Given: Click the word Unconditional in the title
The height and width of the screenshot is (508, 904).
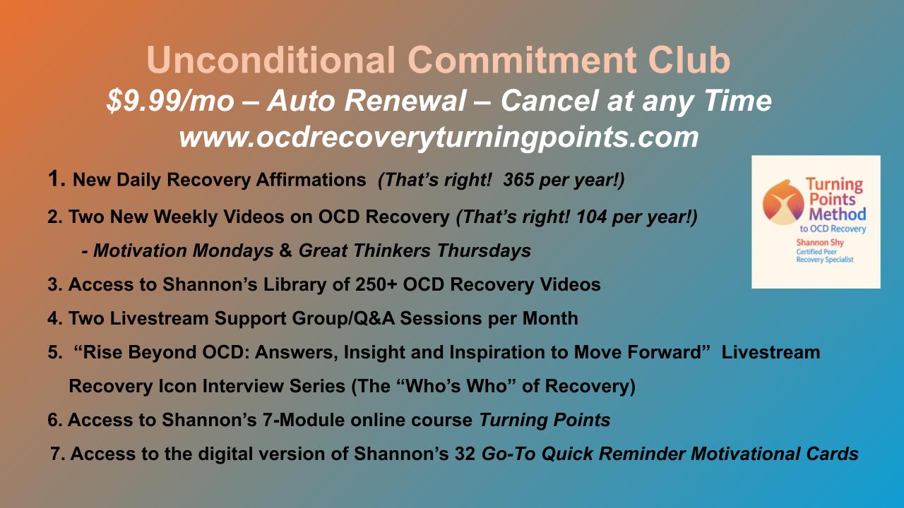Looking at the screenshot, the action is (x=270, y=60).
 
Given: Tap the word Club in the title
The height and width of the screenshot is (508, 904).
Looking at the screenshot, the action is (x=689, y=60).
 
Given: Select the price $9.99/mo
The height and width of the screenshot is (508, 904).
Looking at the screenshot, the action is (x=170, y=101).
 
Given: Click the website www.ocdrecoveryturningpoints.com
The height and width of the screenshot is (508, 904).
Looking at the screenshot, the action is (x=439, y=138).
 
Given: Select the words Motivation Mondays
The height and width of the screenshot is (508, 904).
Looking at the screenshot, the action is (x=184, y=250).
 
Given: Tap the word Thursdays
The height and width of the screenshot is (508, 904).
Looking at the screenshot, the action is (x=484, y=250).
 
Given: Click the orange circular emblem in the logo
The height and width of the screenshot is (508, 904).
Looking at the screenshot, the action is (x=783, y=202).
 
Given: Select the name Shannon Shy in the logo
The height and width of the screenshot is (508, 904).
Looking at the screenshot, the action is (x=820, y=243).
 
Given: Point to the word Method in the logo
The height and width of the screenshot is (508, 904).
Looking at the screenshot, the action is (x=838, y=214).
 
